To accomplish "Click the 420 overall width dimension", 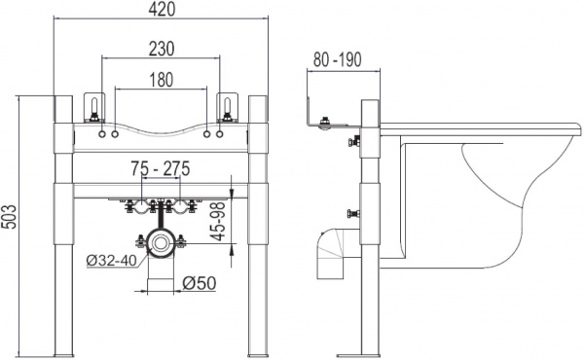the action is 162,10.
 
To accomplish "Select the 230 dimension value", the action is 162,49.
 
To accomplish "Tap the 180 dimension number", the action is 162,80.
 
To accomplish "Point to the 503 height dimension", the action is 10,217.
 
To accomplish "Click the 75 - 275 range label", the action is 161,168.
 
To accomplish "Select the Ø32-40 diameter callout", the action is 111,261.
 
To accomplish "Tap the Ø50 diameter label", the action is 200,283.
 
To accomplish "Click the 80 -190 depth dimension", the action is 337,59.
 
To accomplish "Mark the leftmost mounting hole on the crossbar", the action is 102,134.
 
